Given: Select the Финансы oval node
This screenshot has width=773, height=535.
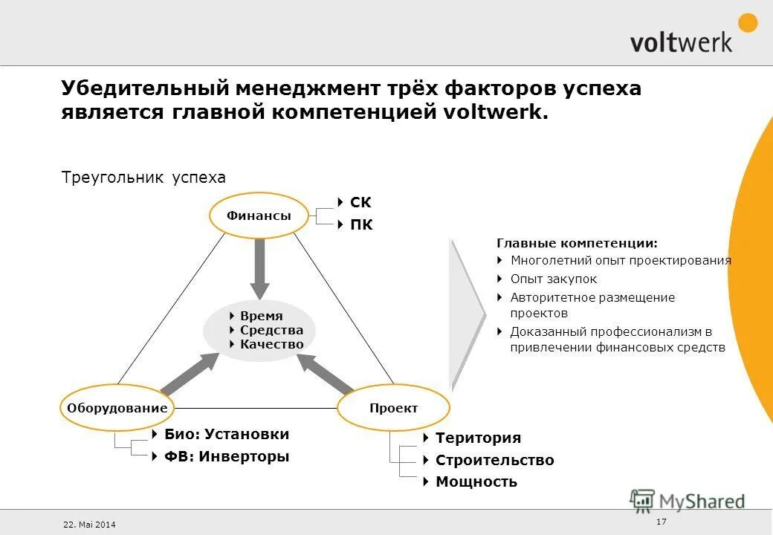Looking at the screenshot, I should tap(259, 215).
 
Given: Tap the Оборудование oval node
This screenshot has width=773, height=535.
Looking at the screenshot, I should tap(117, 408).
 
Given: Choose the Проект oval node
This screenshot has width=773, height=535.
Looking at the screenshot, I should tap(393, 408).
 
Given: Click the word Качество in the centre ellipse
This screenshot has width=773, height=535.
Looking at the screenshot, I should tap(271, 344).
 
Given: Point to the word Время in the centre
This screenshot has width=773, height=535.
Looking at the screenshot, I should tap(261, 316).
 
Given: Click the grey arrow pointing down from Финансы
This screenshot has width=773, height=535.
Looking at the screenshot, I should tap(259, 267).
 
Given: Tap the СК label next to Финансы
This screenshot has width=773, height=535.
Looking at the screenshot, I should tap(360, 203).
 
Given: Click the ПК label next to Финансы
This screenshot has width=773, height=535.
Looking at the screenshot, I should tap(361, 224).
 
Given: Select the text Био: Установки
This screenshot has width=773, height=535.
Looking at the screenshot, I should tap(226, 434).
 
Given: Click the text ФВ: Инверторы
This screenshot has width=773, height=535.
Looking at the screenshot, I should tap(226, 456).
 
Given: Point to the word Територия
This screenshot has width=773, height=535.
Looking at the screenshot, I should tap(478, 438).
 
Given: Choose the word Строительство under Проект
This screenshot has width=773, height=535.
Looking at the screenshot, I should tap(494, 460).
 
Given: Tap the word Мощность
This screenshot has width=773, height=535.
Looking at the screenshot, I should tap(476, 481).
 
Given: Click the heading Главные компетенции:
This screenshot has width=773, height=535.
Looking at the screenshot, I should tap(577, 243).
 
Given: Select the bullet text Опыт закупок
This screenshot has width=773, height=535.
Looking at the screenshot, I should tap(553, 279).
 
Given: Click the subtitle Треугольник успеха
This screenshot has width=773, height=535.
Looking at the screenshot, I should tap(143, 178).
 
